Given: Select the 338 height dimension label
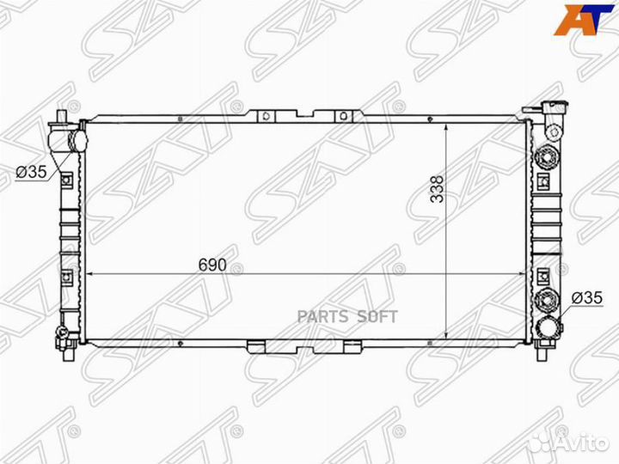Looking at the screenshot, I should coord(438,190).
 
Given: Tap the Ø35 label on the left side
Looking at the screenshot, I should coord(30,172).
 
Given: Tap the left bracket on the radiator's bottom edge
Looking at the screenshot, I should coord(256,346).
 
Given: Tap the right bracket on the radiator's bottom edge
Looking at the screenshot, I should coord(351,346).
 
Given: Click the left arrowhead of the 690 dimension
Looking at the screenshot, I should coord(93,275).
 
